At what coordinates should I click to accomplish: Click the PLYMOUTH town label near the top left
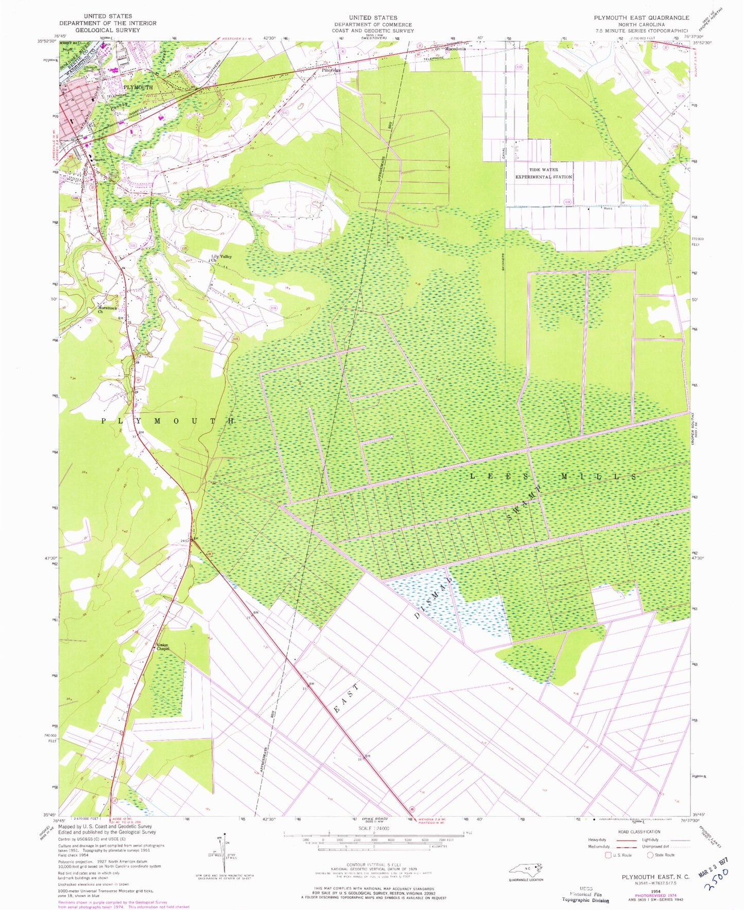[x=138, y=88]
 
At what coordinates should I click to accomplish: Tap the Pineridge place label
[x=331, y=70]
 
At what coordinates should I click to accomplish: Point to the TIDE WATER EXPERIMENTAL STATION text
[x=544, y=173]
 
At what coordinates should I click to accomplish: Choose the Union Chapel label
[x=163, y=647]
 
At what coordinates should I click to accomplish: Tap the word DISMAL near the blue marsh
[x=434, y=596]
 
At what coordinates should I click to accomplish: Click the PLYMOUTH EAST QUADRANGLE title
[x=641, y=18]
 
